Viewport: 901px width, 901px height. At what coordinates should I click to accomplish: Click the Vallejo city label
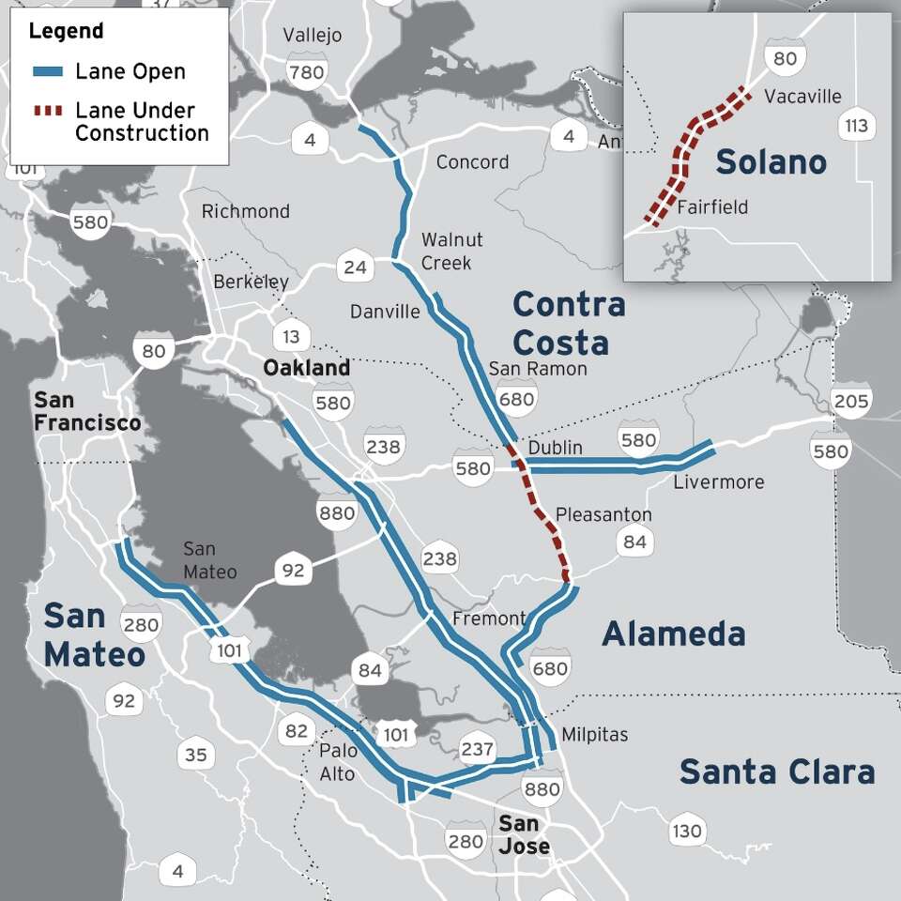(x=313, y=36)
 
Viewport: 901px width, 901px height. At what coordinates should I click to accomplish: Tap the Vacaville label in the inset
(x=802, y=97)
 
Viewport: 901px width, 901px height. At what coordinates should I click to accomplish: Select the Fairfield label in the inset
(x=712, y=206)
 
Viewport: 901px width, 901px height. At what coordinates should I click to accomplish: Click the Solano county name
(x=771, y=161)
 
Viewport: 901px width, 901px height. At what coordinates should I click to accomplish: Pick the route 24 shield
(x=355, y=267)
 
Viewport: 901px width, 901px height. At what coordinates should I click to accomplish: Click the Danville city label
(x=385, y=312)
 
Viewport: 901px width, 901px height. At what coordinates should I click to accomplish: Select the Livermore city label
(x=719, y=482)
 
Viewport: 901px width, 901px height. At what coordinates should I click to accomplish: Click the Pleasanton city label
(x=603, y=514)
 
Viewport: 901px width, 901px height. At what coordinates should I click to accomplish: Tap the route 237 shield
(x=477, y=748)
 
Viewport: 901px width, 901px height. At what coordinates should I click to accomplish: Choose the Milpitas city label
(x=594, y=734)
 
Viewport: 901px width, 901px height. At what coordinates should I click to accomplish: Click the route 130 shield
(x=686, y=831)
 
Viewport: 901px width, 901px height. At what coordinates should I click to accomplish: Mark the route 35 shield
(x=195, y=755)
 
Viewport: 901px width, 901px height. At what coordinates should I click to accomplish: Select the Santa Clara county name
(x=777, y=772)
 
